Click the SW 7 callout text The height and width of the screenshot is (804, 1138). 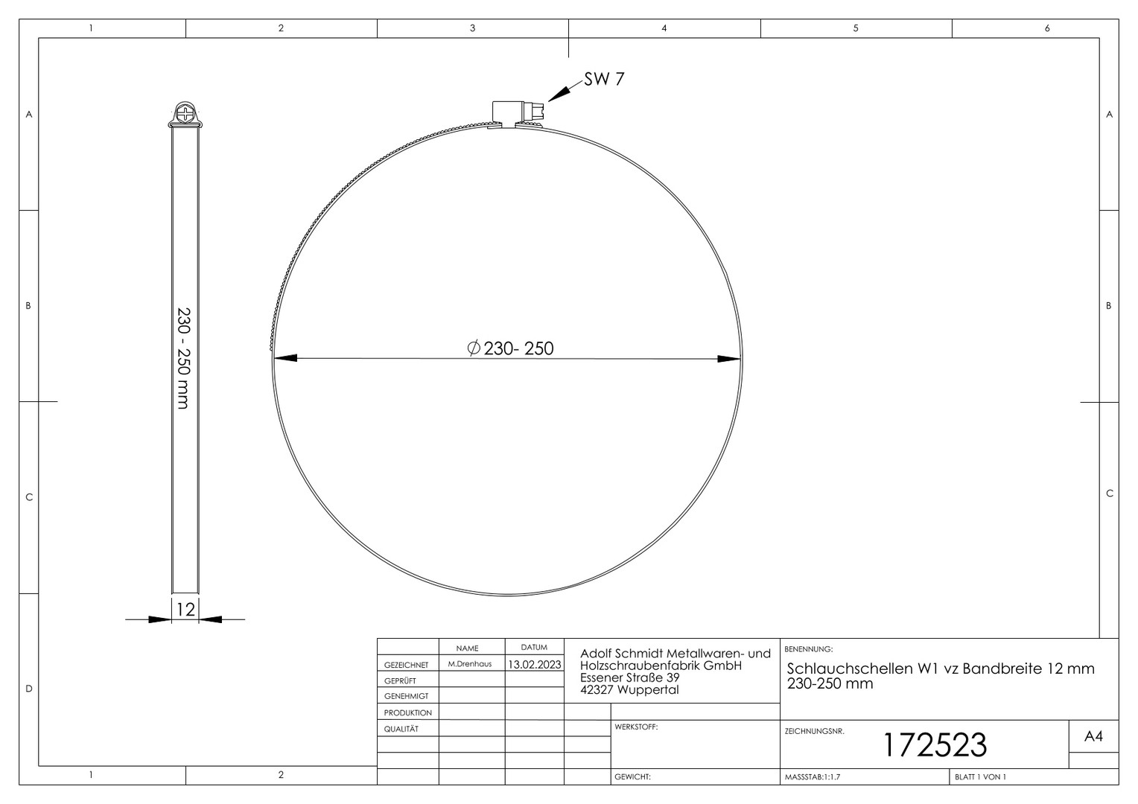coord(604,79)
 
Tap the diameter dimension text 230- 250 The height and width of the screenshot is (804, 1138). coord(518,348)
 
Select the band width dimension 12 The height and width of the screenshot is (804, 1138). coord(185,609)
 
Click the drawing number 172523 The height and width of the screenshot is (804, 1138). coord(935,744)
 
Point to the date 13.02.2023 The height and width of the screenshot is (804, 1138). coord(535,664)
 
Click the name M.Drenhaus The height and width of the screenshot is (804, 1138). coord(470,664)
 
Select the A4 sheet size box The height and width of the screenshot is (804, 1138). coord(1094,736)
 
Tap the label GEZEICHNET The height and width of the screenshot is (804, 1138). coord(407,665)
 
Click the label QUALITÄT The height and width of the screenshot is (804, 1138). coord(401,729)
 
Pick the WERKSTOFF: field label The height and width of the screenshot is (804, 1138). coord(636,727)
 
